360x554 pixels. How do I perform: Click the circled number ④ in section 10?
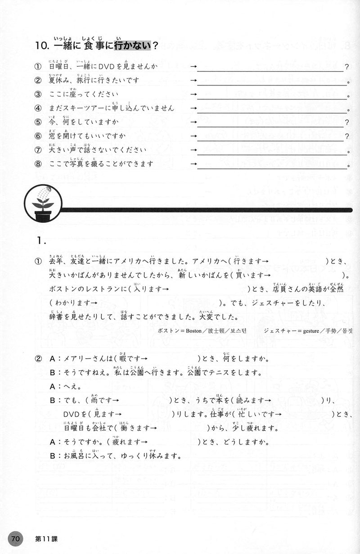pyautogui.click(x=38, y=108)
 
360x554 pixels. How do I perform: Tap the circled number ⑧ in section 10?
pyautogui.click(x=38, y=164)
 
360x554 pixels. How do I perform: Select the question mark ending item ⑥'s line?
pyautogui.click(x=347, y=137)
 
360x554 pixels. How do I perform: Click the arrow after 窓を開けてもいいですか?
pyautogui.click(x=193, y=136)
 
